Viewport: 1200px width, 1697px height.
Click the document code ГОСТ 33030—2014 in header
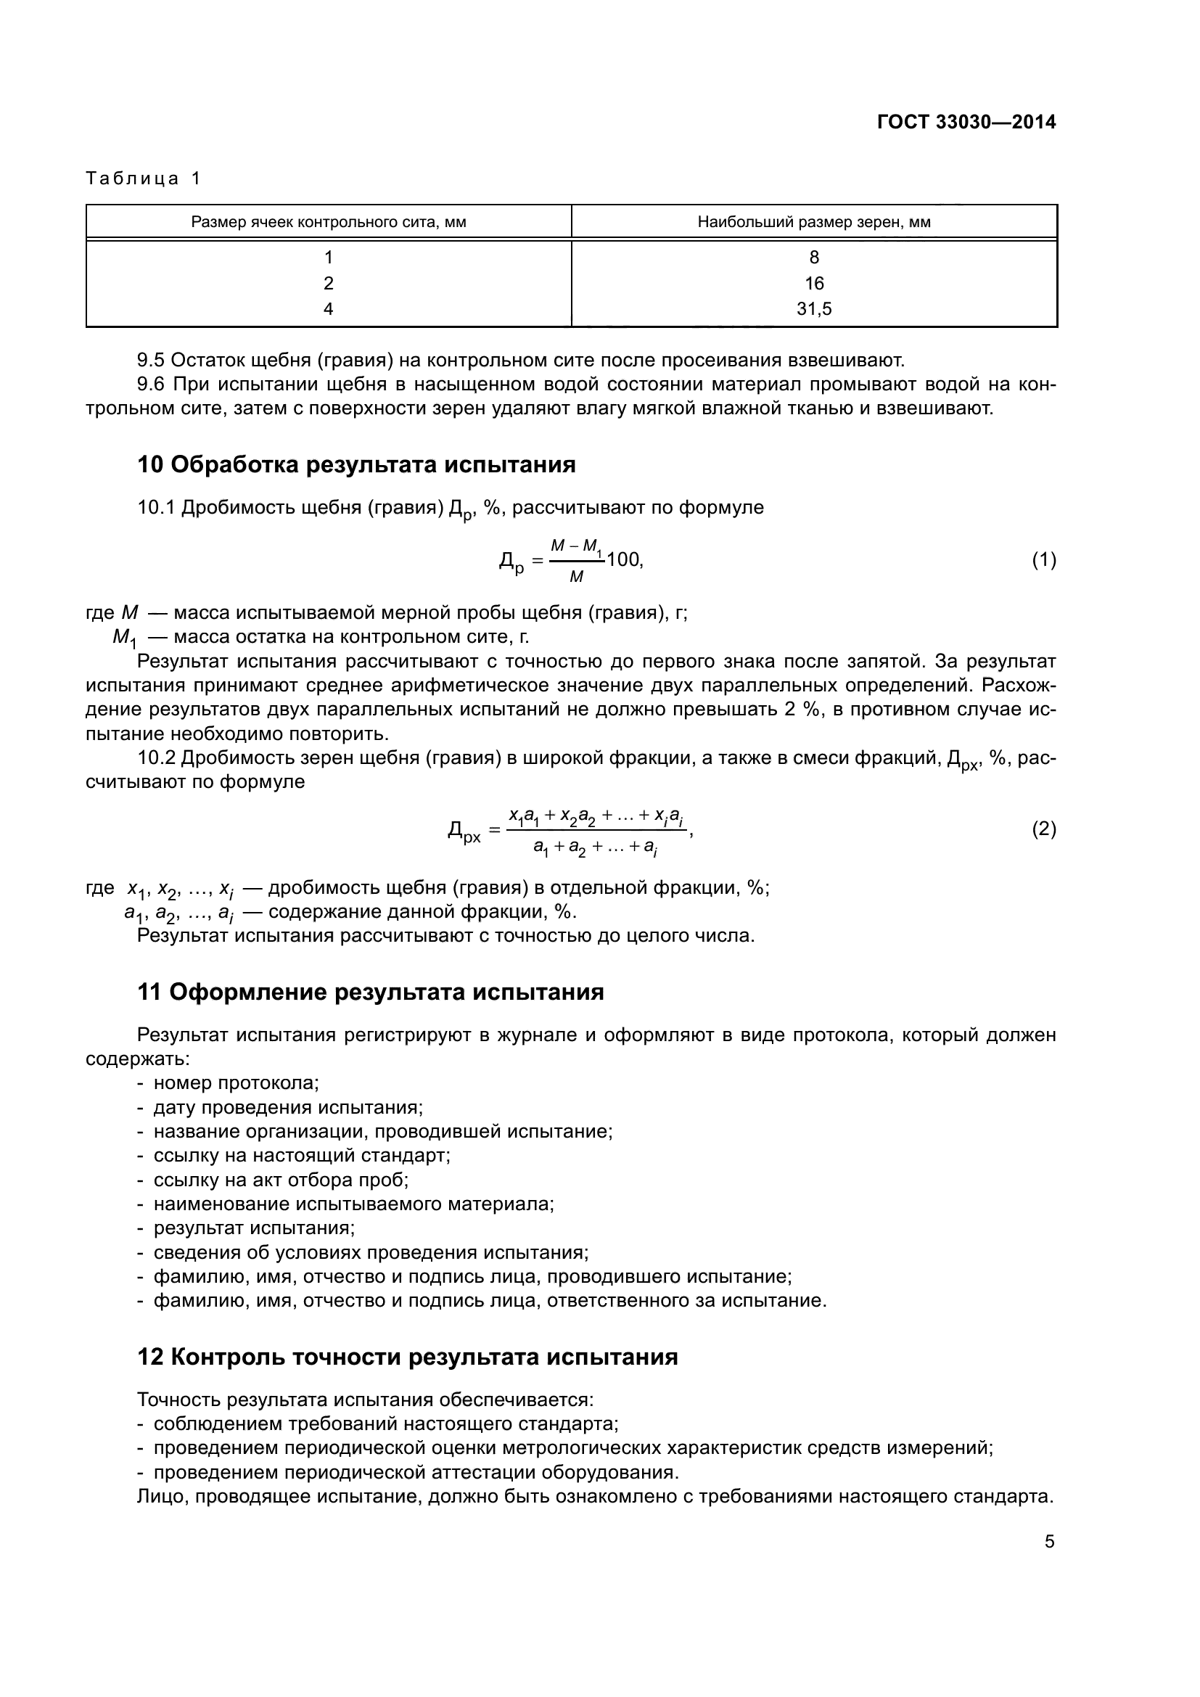pyautogui.click(x=966, y=123)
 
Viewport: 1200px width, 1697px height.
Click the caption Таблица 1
pyautogui.click(x=144, y=178)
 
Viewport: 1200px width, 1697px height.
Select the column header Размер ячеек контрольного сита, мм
pyautogui.click(x=329, y=222)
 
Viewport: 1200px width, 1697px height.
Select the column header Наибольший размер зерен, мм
pyautogui.click(x=813, y=222)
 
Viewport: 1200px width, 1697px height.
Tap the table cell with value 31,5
pyautogui.click(x=813, y=309)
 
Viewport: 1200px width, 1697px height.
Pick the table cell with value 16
pyautogui.click(x=813, y=283)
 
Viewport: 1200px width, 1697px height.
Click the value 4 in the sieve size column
pyautogui.click(x=329, y=309)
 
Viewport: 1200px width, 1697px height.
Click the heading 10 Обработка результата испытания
pyautogui.click(x=356, y=465)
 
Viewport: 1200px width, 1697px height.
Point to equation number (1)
pyautogui.click(x=1043, y=560)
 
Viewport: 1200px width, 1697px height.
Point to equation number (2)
pyautogui.click(x=1043, y=829)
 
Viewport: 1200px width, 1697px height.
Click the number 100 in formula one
pyautogui.click(x=624, y=559)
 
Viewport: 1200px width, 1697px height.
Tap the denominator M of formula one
pyautogui.click(x=576, y=577)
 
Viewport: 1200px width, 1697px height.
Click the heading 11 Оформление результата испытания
pyautogui.click(x=370, y=992)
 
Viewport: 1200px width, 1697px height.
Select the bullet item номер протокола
pyautogui.click(x=236, y=1083)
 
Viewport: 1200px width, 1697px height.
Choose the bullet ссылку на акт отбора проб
pyautogui.click(x=281, y=1180)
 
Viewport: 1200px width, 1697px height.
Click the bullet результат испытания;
pyautogui.click(x=254, y=1228)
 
